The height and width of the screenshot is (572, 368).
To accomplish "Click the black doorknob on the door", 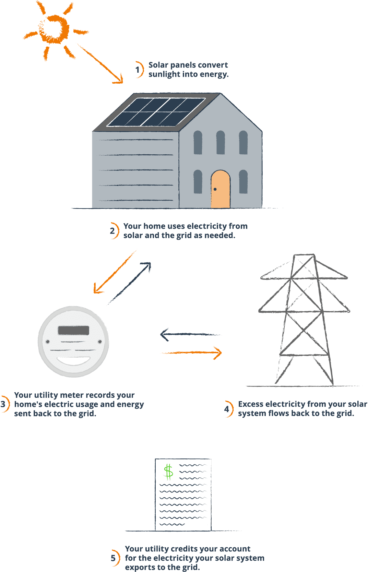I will (215, 189).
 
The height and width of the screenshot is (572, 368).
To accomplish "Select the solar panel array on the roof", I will (156, 112).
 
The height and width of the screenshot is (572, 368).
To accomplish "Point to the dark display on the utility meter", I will (73, 330).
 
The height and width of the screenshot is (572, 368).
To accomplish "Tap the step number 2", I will (112, 230).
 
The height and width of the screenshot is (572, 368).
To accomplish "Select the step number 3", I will (3, 404).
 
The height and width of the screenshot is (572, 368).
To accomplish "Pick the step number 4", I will (227, 409).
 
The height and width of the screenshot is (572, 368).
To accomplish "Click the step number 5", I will (113, 558).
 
